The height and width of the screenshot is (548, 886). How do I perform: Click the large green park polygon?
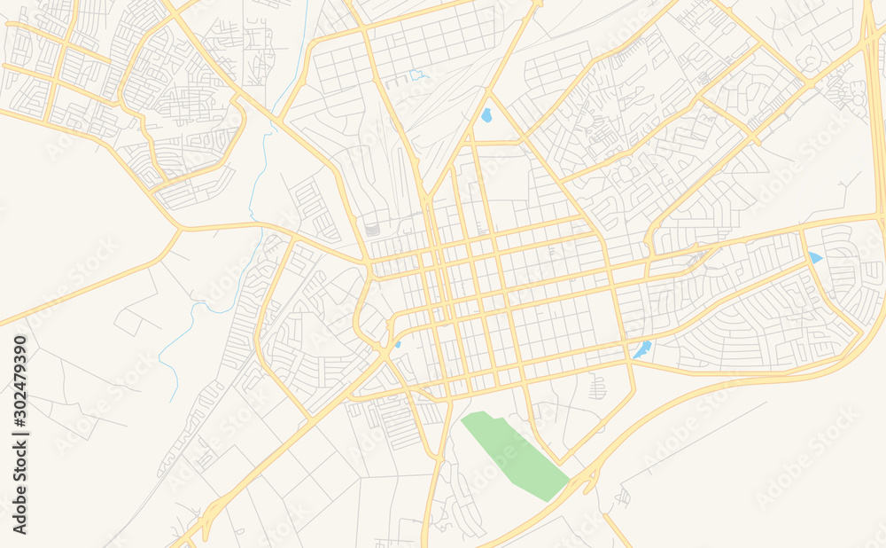tap(514, 452)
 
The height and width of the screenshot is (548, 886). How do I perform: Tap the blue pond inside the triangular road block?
tap(486, 114)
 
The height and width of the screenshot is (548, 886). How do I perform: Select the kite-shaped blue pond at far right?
tap(814, 257)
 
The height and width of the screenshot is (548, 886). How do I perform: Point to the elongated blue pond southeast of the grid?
tap(642, 348)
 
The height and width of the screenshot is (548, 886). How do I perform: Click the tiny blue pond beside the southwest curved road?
tap(398, 343)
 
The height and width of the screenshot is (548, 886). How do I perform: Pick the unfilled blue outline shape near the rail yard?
tap(416, 75)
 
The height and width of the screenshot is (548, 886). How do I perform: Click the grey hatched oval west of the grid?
tap(373, 229)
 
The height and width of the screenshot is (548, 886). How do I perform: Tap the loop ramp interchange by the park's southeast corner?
tap(587, 480)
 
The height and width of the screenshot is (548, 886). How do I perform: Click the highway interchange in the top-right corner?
tap(873, 35)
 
